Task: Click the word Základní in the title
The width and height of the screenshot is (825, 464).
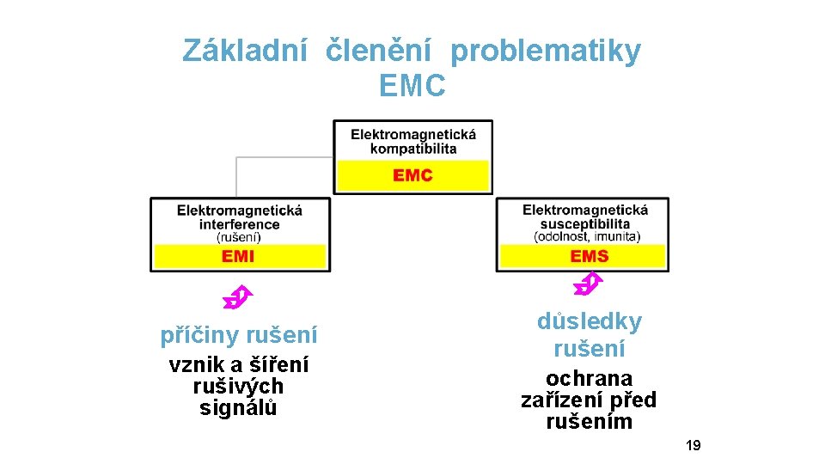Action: pyautogui.click(x=244, y=52)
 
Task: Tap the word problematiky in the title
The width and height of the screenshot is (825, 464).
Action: pyautogui.click(x=546, y=52)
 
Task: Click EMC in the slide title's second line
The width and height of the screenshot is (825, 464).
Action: pyautogui.click(x=412, y=86)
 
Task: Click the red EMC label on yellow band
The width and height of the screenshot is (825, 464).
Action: pyautogui.click(x=412, y=175)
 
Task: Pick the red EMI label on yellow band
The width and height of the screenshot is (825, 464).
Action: pyautogui.click(x=238, y=256)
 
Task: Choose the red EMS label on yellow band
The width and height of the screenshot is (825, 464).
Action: pyautogui.click(x=589, y=256)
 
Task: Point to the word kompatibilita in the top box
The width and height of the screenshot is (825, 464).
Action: pyautogui.click(x=413, y=149)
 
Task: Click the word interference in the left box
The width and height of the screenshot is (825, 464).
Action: pyautogui.click(x=240, y=224)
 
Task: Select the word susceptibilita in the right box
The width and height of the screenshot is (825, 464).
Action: pyautogui.click(x=585, y=224)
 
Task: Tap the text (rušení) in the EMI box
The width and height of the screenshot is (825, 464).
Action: pyautogui.click(x=239, y=236)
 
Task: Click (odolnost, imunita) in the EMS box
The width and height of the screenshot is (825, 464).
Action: pyautogui.click(x=587, y=236)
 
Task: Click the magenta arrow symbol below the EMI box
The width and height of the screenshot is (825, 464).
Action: pyautogui.click(x=235, y=297)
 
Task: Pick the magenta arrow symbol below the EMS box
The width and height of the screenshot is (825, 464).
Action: pyautogui.click(x=588, y=281)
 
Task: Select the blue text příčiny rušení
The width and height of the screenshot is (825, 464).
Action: pyautogui.click(x=239, y=335)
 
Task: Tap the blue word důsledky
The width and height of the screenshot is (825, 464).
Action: pyautogui.click(x=590, y=322)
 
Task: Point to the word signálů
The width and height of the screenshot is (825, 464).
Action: pyautogui.click(x=238, y=408)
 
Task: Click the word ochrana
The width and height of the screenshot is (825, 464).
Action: pyautogui.click(x=589, y=379)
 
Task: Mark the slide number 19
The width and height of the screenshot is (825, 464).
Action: pyautogui.click(x=694, y=445)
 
